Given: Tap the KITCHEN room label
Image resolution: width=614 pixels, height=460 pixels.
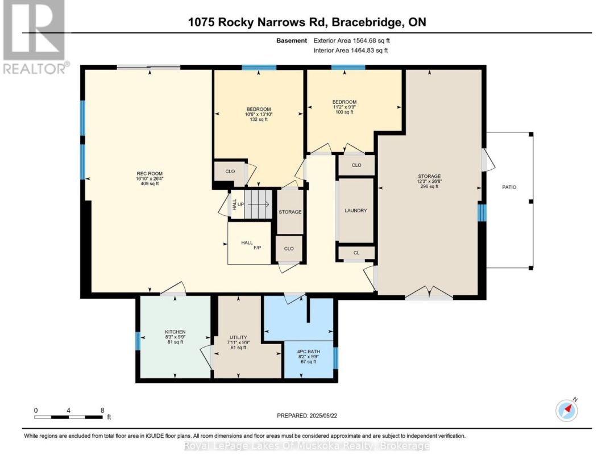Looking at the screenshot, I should (175, 332).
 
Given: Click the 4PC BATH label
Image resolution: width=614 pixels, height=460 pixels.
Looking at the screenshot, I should (309, 352).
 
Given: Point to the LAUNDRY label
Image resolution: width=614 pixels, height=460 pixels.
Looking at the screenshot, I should (356, 211).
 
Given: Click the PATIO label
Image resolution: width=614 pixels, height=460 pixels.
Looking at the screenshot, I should (509, 187).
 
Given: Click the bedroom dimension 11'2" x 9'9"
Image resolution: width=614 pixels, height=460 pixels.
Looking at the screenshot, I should (345, 107).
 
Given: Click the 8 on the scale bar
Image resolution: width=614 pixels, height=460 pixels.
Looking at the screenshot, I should (102, 409).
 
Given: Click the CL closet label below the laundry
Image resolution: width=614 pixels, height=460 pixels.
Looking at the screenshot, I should (356, 253).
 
